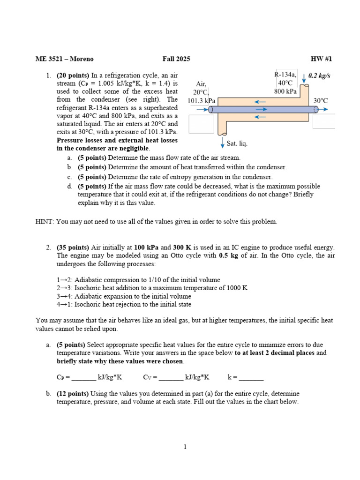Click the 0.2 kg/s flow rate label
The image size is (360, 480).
(x=320, y=76)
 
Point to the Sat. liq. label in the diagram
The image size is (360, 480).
(x=237, y=143)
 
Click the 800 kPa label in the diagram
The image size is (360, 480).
(x=285, y=92)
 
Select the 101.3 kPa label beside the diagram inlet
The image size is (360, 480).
(x=202, y=100)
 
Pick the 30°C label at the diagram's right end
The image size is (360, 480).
(x=321, y=100)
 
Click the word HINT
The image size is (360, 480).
(x=45, y=222)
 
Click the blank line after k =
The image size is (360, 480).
(x=251, y=377)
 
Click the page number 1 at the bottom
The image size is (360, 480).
(x=185, y=447)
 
